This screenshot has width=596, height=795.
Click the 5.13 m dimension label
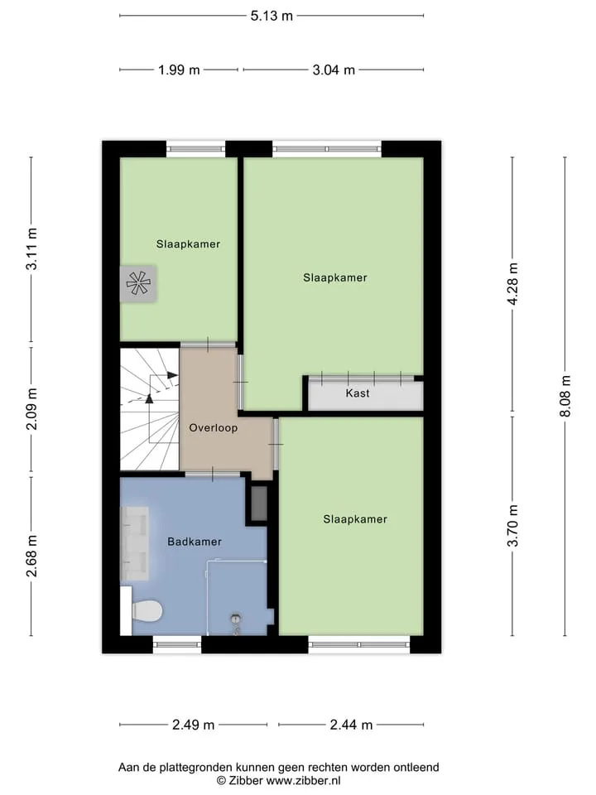click(x=272, y=16)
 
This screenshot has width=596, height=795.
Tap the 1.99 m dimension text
click(x=179, y=70)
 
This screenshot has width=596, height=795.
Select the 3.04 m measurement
click(x=334, y=70)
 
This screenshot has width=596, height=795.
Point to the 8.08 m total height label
click(x=565, y=396)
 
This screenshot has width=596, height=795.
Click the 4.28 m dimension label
click(x=512, y=284)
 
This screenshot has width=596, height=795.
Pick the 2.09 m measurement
click(x=31, y=409)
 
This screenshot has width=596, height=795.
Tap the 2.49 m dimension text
click(x=193, y=725)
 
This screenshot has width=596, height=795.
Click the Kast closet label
click(x=358, y=393)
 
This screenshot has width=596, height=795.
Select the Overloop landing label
click(x=214, y=428)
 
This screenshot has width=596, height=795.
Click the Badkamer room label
click(x=195, y=542)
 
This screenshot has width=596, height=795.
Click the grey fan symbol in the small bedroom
click(x=138, y=283)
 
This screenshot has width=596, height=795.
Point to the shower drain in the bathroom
click(x=236, y=619)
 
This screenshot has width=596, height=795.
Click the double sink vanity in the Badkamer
click(x=134, y=543)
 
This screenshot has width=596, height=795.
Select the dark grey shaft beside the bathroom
click(x=259, y=503)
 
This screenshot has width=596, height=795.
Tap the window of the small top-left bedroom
click(x=196, y=149)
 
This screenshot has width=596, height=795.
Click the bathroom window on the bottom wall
click(x=177, y=644)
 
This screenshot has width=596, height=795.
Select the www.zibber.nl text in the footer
click(x=303, y=781)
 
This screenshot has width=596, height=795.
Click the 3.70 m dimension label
click(x=512, y=526)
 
